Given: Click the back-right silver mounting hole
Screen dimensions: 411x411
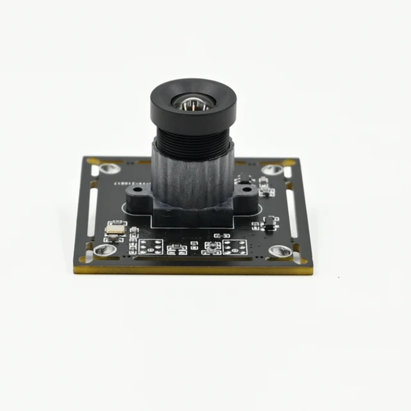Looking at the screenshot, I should coord(273,169).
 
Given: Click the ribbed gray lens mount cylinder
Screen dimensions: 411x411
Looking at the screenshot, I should coord(193,181).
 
